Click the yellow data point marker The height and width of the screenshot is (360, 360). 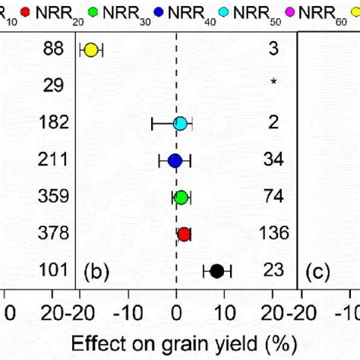click(91, 51)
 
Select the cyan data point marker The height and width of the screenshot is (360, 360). click(180, 123)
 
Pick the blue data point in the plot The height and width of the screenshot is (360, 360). click(175, 160)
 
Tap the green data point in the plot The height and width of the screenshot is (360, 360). click(181, 197)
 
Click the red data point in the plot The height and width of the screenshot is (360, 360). click(185, 234)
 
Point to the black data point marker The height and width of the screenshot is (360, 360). click(216, 270)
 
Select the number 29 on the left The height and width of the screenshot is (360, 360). click(52, 86)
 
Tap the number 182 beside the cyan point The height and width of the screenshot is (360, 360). click(52, 122)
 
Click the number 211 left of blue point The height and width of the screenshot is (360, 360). click(52, 159)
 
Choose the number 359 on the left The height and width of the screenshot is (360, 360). click(52, 196)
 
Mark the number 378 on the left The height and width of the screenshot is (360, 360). click(52, 233)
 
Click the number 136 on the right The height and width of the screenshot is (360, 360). click(273, 233)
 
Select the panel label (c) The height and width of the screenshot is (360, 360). click(317, 271)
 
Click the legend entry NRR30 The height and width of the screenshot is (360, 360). click(125, 12)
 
